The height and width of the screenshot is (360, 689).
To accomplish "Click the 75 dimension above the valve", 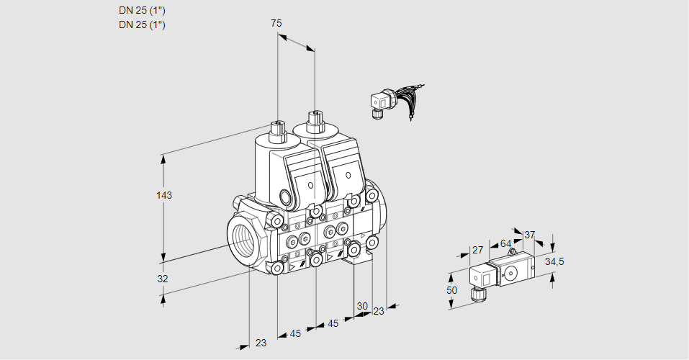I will coord(276,24).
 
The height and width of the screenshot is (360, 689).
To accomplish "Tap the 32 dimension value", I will coord(163,279).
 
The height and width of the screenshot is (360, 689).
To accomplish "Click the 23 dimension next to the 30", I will coord(379,311).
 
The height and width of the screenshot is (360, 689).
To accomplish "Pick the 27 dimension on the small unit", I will coord(476,250).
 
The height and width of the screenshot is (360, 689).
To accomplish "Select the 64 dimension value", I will coord(505,243).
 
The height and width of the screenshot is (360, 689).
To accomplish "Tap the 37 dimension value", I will coord(530,235).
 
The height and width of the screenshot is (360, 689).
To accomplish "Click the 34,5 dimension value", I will coord(554,261).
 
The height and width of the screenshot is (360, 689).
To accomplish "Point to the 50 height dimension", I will coord(451,289).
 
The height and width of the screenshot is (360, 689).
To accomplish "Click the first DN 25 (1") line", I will coord(142,11).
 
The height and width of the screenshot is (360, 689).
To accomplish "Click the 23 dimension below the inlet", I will coord(261,343).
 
